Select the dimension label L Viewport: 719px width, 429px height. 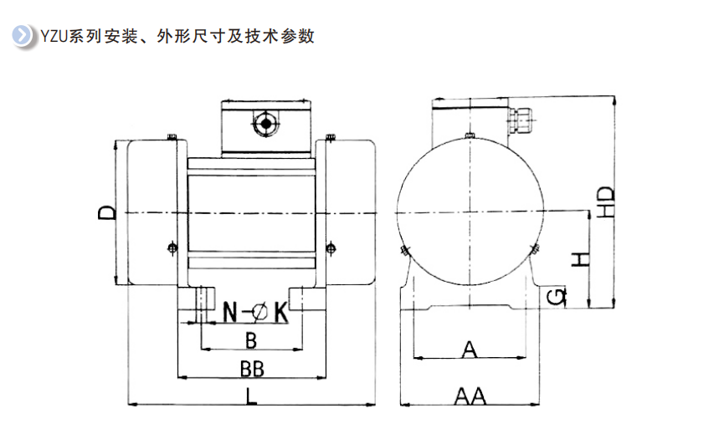click(252, 396)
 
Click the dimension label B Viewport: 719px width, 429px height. click(250, 340)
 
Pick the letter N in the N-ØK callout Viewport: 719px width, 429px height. click(231, 313)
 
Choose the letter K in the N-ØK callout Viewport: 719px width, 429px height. click(280, 313)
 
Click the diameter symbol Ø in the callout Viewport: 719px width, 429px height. click(259, 313)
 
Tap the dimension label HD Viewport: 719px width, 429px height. click(608, 201)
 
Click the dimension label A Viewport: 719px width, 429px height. click(470, 349)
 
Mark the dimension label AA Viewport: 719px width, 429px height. click(470, 396)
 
